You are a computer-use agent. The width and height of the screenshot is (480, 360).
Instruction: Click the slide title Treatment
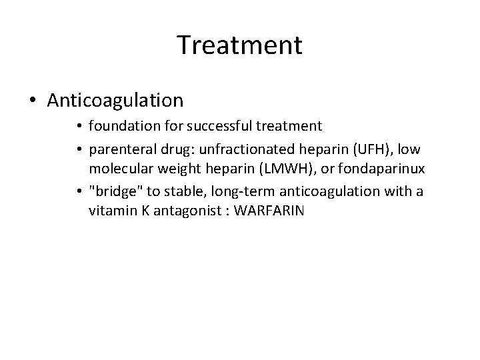(240, 45)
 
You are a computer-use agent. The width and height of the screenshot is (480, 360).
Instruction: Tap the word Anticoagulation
(115, 100)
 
